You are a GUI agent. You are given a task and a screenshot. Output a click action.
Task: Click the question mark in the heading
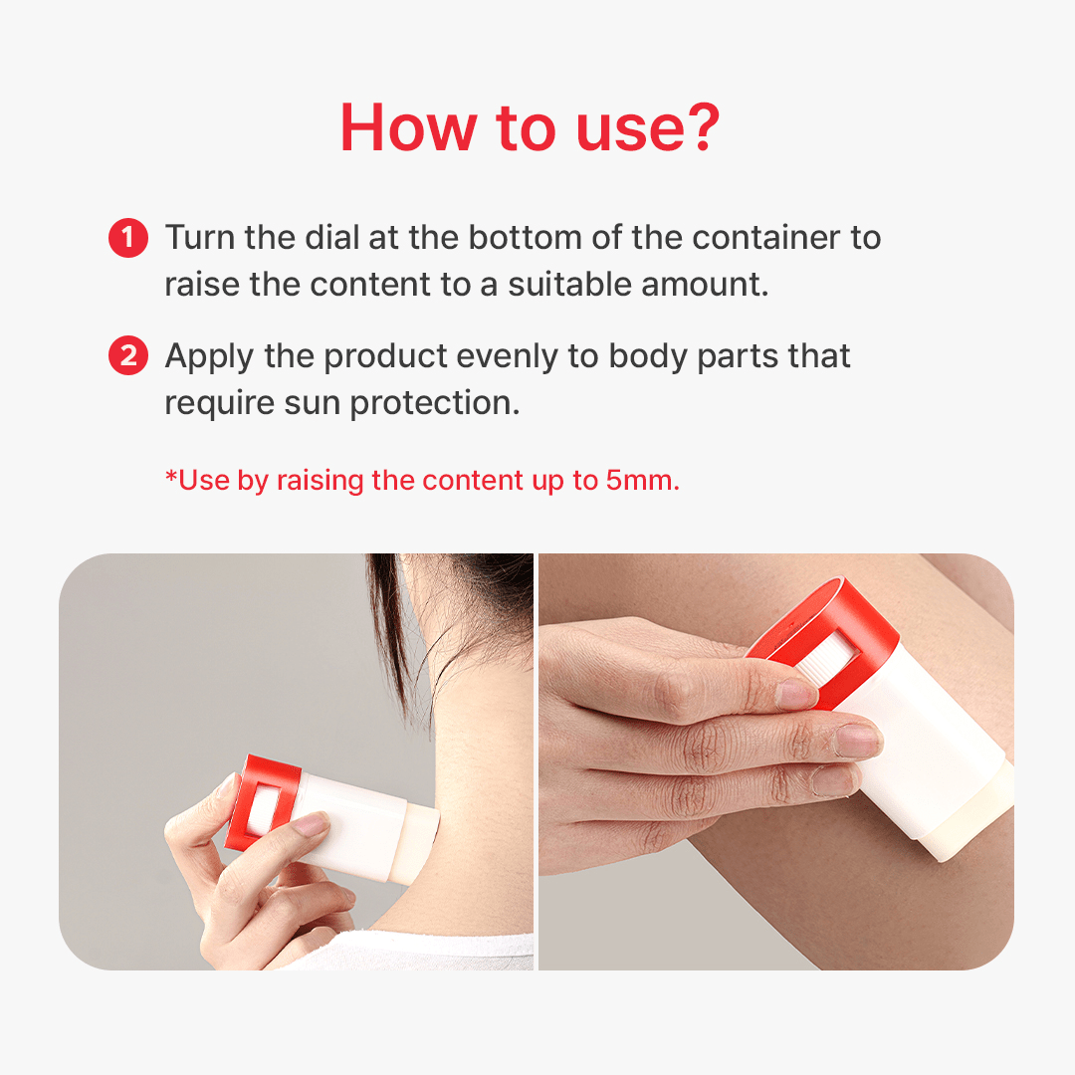697,126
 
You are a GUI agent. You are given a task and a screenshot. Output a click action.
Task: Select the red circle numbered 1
128,238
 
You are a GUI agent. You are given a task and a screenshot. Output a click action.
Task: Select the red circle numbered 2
128,355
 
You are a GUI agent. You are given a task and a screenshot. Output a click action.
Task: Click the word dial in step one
331,237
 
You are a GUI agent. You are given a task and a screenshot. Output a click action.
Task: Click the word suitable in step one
569,284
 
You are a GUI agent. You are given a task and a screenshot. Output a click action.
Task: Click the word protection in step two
435,403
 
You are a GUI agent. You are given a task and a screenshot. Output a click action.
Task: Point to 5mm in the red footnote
642,480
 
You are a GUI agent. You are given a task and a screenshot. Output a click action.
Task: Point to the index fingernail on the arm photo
795,694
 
